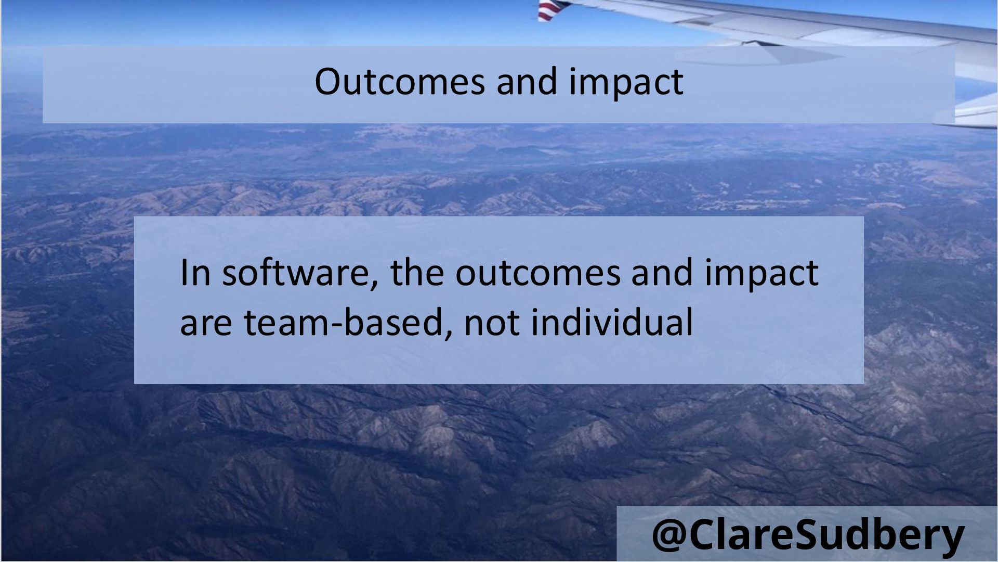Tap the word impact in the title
[x=626, y=83]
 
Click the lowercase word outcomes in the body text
[x=538, y=274]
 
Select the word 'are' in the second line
[x=206, y=324]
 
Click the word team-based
[x=344, y=322]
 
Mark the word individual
[x=612, y=321]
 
